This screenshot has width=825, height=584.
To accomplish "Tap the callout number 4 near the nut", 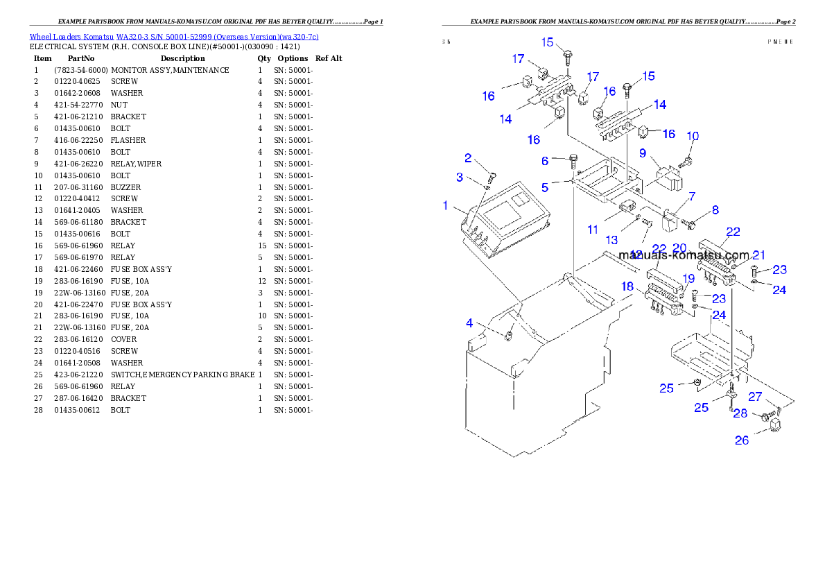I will tap(469, 323).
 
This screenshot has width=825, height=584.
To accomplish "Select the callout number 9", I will tap(643, 153).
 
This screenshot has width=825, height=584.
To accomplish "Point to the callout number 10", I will tap(693, 137).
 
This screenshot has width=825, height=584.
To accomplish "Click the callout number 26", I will tap(742, 440).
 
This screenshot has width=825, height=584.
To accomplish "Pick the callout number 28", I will tap(740, 413).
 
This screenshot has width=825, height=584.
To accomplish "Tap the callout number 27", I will tap(755, 397).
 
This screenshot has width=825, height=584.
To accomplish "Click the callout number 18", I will tap(627, 286).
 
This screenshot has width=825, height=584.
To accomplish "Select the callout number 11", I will tap(592, 229).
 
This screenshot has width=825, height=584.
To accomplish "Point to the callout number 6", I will tap(545, 161).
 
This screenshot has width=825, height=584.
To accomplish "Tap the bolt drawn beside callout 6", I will tap(573, 162).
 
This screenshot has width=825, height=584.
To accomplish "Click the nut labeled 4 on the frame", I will tap(510, 336).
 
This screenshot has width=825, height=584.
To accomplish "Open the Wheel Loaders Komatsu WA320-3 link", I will tap(174, 37).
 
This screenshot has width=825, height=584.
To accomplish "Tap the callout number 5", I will tap(545, 187).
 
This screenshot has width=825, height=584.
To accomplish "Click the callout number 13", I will tap(611, 240).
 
